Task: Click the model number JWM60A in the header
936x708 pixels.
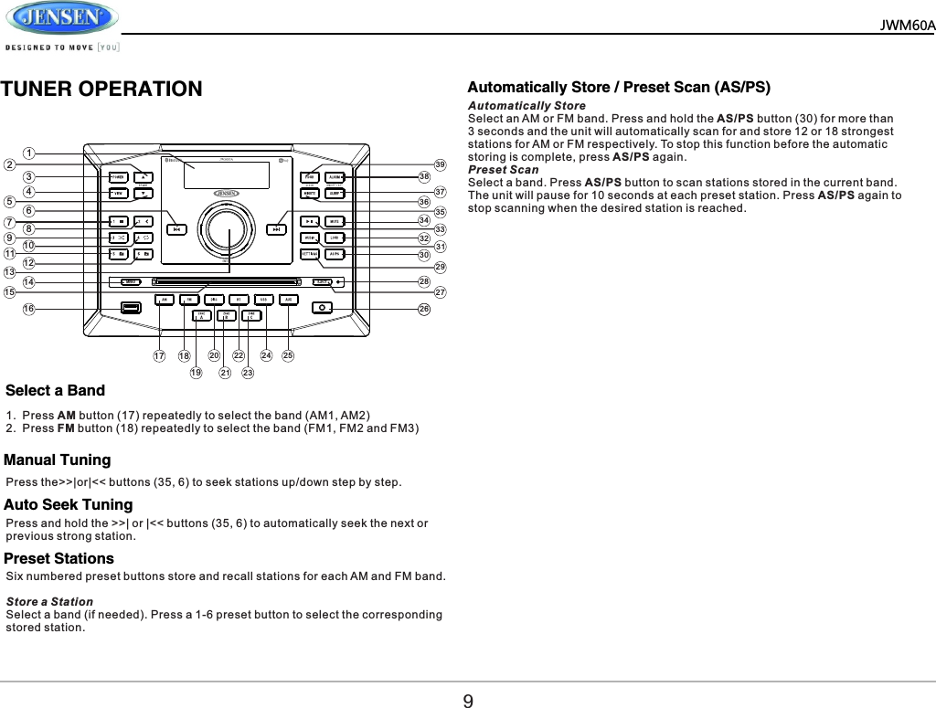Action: tap(907, 25)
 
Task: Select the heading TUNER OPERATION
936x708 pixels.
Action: tap(101, 90)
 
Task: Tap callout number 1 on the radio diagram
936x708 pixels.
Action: tap(29, 153)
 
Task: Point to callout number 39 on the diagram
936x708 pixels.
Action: tap(440, 164)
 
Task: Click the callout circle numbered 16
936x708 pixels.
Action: tap(29, 309)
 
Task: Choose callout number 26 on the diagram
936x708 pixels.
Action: tap(424, 309)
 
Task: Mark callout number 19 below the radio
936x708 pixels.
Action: tap(196, 373)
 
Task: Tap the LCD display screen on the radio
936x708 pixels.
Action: tap(226, 174)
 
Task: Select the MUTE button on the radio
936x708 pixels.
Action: tap(335, 221)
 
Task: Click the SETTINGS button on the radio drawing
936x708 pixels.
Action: tap(311, 253)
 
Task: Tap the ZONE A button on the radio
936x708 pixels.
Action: tap(201, 316)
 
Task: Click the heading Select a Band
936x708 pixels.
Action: tap(55, 391)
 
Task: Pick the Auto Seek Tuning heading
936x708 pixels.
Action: tap(69, 505)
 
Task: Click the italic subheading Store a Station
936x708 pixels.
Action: tap(49, 601)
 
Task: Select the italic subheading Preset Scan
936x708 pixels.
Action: tap(503, 170)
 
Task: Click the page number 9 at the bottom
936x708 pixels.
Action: tap(468, 702)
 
